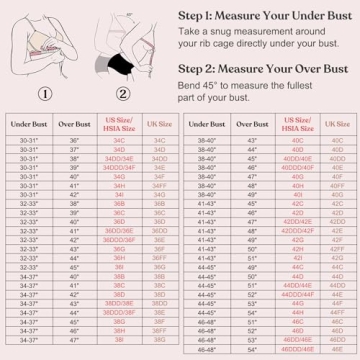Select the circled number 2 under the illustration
tap(124, 96)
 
